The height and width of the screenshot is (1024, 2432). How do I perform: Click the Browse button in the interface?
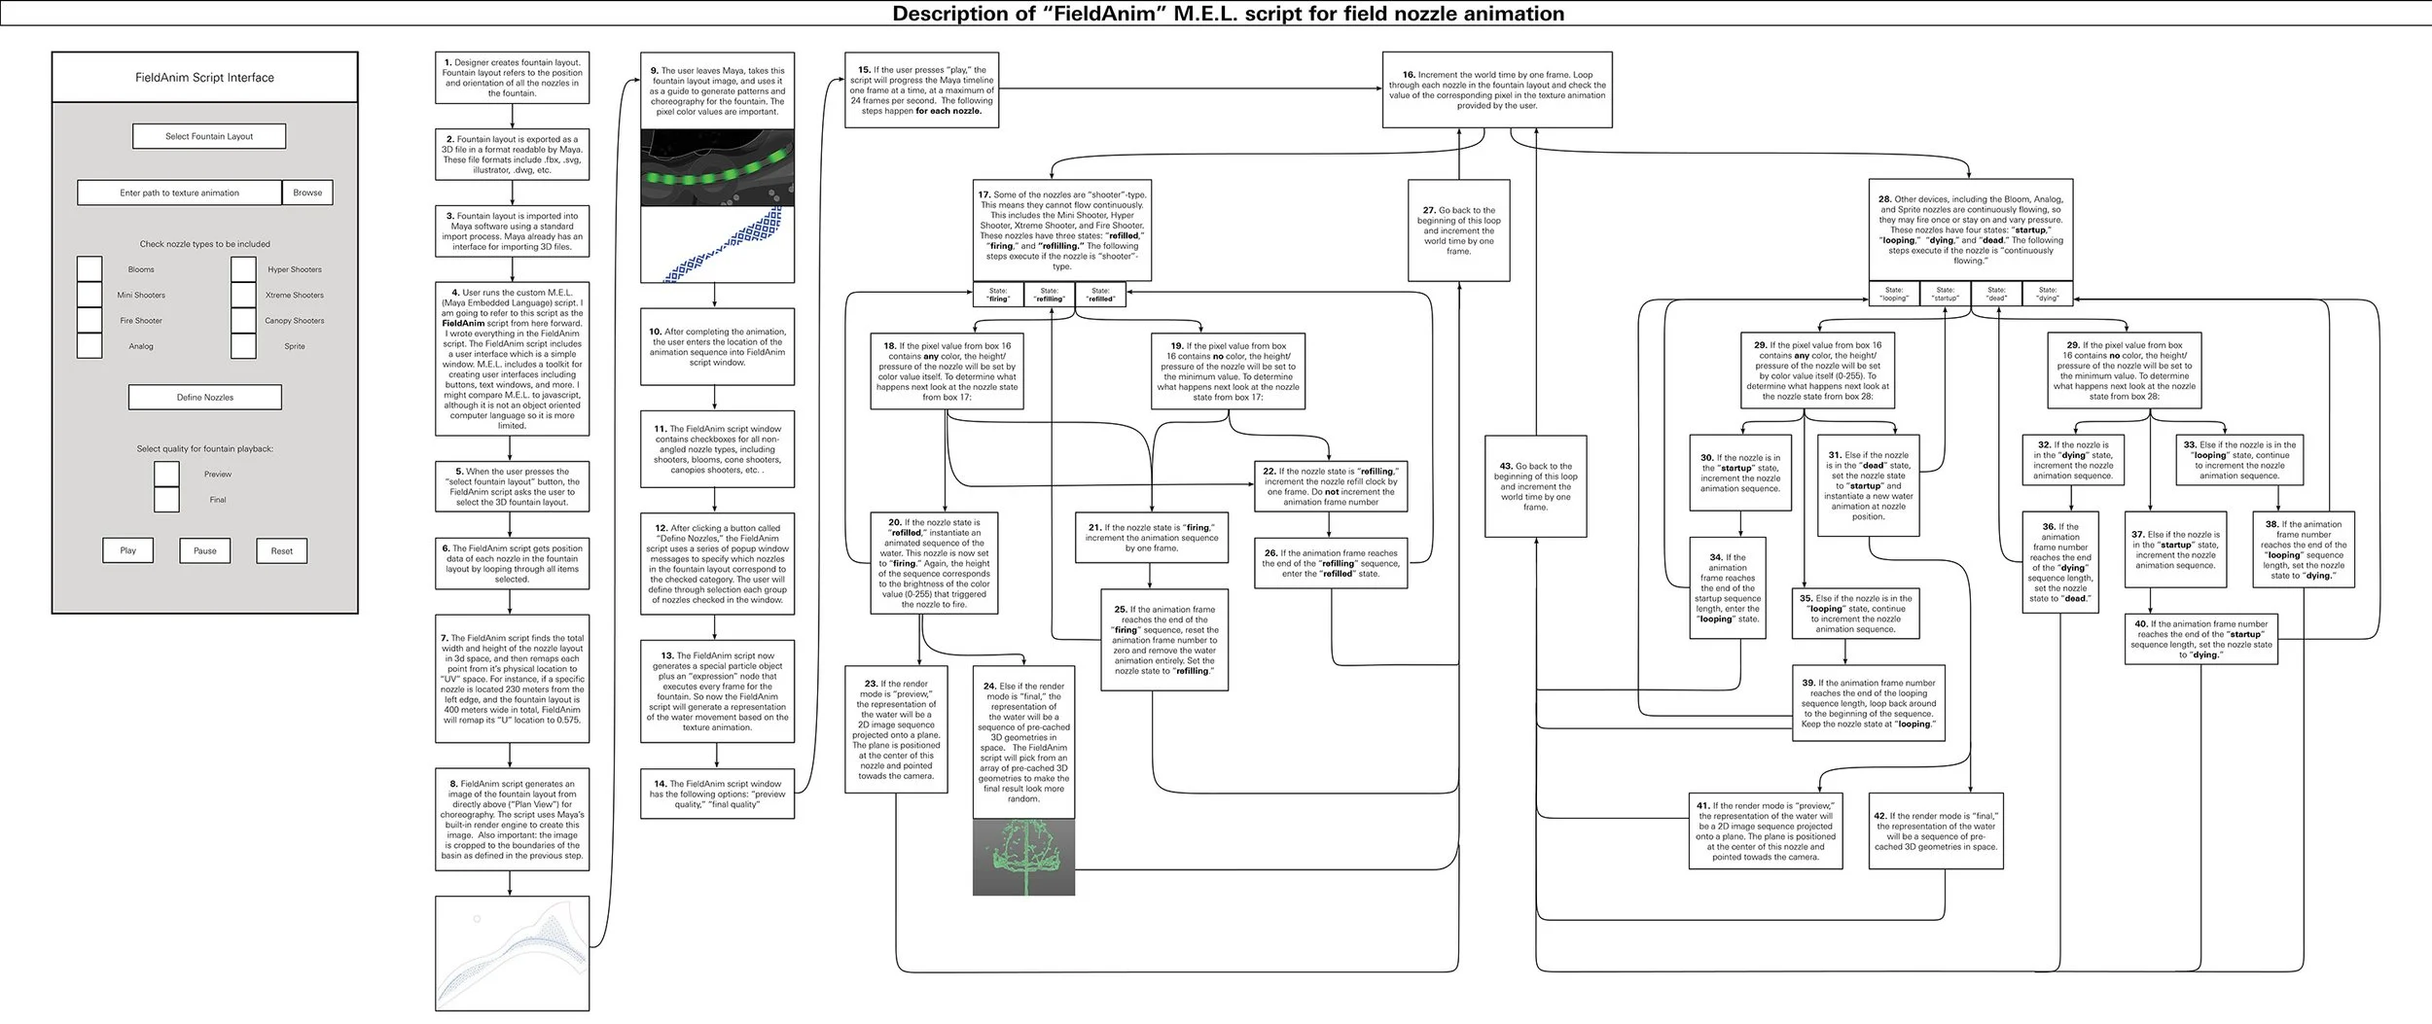click(307, 193)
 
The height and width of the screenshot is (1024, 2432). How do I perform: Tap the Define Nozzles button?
click(205, 397)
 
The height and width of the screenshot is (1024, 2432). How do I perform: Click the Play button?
click(128, 550)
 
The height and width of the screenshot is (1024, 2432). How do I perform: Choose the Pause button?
click(204, 550)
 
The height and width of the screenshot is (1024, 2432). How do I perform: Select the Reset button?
click(281, 550)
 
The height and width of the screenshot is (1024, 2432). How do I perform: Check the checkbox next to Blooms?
click(89, 269)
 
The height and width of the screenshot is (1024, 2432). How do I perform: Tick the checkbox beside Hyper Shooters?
click(244, 269)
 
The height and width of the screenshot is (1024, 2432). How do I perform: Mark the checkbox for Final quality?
click(167, 500)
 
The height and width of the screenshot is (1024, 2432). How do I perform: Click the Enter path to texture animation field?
click(180, 193)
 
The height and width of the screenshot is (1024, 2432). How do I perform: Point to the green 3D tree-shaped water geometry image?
click(1023, 857)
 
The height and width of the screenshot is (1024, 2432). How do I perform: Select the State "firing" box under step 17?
click(998, 295)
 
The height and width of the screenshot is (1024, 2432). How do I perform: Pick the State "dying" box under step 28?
click(2048, 294)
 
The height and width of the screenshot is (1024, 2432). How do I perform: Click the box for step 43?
click(1535, 486)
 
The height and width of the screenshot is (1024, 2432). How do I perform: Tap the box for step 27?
click(1458, 230)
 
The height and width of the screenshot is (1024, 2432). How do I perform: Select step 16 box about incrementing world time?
click(1496, 89)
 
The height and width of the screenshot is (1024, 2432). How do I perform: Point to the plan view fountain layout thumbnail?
click(512, 953)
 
